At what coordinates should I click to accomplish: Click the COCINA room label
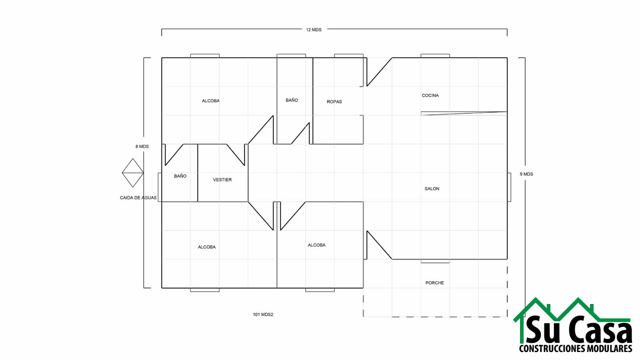coord(430,96)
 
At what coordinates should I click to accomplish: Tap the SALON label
coord(432,188)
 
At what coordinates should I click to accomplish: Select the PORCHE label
coord(434,283)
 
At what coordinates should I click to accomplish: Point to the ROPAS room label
coord(334,102)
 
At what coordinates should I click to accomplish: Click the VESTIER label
coord(222,180)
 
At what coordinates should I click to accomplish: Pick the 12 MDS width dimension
coord(314,30)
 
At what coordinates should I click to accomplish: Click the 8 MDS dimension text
coord(142,146)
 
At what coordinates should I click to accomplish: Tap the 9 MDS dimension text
coord(526,174)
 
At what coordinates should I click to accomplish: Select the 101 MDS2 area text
coord(263,314)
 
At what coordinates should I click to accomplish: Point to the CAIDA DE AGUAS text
coord(138,198)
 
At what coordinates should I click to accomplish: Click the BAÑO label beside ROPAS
coord(292,100)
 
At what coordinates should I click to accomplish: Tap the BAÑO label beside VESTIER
coord(180,176)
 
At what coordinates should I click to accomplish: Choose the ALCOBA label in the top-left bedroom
coord(210,101)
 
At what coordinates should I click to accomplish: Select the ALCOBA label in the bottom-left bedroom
coord(206,247)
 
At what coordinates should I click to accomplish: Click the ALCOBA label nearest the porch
coord(316,245)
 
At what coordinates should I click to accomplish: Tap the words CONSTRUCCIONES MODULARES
coord(576,348)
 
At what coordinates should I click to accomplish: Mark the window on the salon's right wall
coord(509,187)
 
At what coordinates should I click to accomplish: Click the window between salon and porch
coord(435,261)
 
